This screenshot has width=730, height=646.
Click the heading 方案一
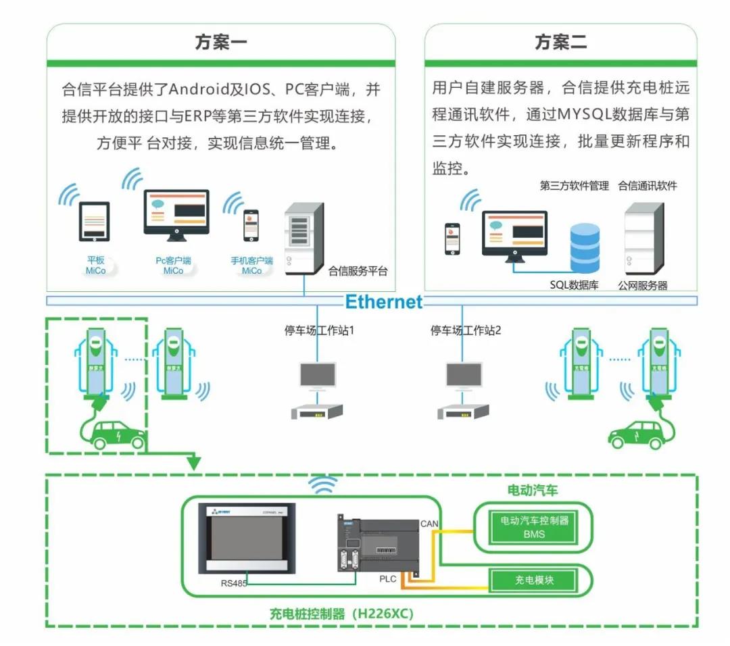pyautogui.click(x=221, y=43)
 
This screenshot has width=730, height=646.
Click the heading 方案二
pyautogui.click(x=560, y=43)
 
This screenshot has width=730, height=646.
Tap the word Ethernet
pyautogui.click(x=383, y=301)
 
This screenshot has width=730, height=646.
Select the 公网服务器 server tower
pyautogui.click(x=643, y=239)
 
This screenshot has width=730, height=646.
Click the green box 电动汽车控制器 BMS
pyautogui.click(x=534, y=526)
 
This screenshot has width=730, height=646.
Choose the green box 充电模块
pyautogui.click(x=534, y=579)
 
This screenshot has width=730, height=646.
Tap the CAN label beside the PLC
pyautogui.click(x=430, y=523)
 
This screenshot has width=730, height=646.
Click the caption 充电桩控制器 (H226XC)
pyautogui.click(x=341, y=614)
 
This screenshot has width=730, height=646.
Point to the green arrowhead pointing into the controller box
pyautogui.click(x=194, y=463)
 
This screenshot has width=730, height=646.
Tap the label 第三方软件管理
pyautogui.click(x=574, y=186)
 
